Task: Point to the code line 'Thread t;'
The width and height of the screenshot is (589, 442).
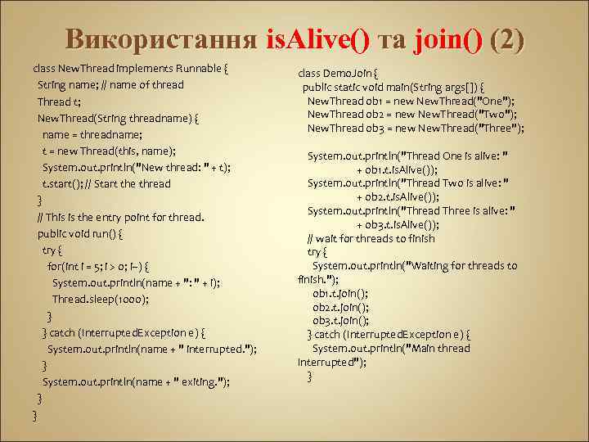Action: [59, 101]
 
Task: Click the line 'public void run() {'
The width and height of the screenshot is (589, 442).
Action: [80, 233]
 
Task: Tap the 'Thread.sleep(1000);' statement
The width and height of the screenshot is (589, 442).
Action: [101, 299]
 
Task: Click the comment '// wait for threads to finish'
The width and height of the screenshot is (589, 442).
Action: [371, 238]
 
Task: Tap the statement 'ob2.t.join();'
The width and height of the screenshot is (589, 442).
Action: [339, 307]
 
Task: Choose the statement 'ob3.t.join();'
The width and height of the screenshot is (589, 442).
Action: [339, 320]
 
